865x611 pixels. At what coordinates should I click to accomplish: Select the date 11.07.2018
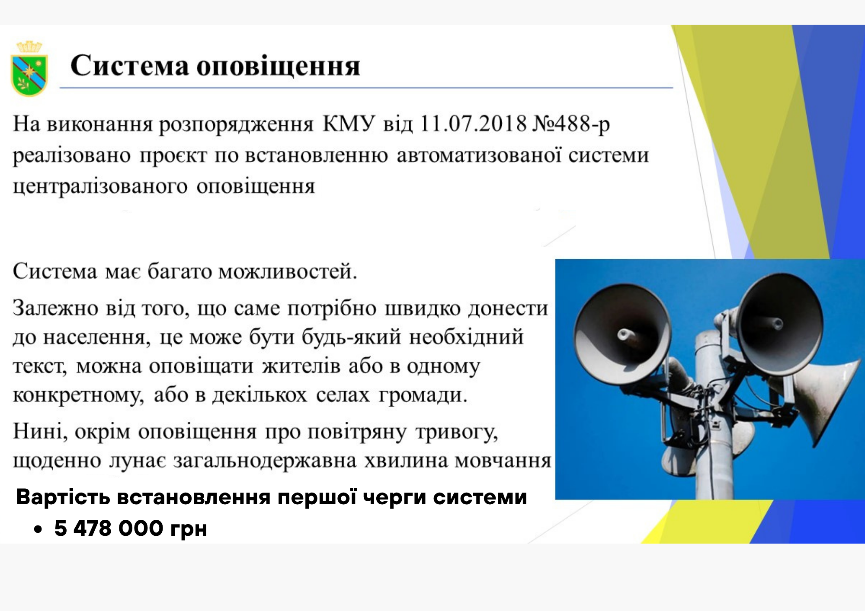pyautogui.click(x=473, y=124)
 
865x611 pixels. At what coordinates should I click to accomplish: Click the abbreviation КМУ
pyautogui.click(x=348, y=124)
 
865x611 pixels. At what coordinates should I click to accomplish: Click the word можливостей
pyautogui.click(x=288, y=272)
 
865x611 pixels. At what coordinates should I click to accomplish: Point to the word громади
pyautogui.click(x=423, y=395)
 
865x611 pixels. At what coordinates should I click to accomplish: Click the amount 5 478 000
pyautogui.click(x=109, y=528)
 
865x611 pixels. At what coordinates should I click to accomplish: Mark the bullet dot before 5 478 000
pyautogui.click(x=38, y=529)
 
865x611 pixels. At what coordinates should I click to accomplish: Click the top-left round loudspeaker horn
pyautogui.click(x=622, y=334)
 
